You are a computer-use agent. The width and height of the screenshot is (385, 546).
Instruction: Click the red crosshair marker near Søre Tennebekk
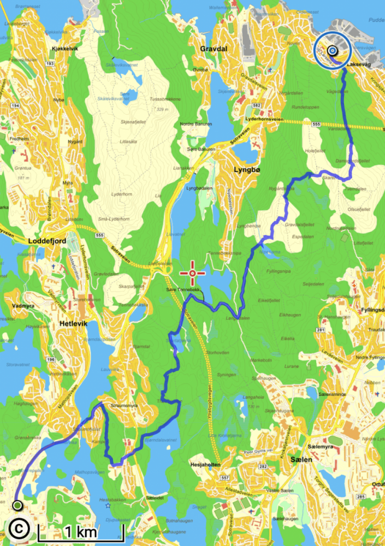click(193, 272)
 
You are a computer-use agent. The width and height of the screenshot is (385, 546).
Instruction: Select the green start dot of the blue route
click(17, 505)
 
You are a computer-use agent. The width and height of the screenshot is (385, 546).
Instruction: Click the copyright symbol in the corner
click(19, 528)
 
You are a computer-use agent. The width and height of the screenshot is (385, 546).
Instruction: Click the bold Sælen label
click(301, 460)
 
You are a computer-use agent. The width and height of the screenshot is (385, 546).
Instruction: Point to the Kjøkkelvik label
click(66, 49)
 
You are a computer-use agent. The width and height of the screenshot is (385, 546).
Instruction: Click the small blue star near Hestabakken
click(108, 505)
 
